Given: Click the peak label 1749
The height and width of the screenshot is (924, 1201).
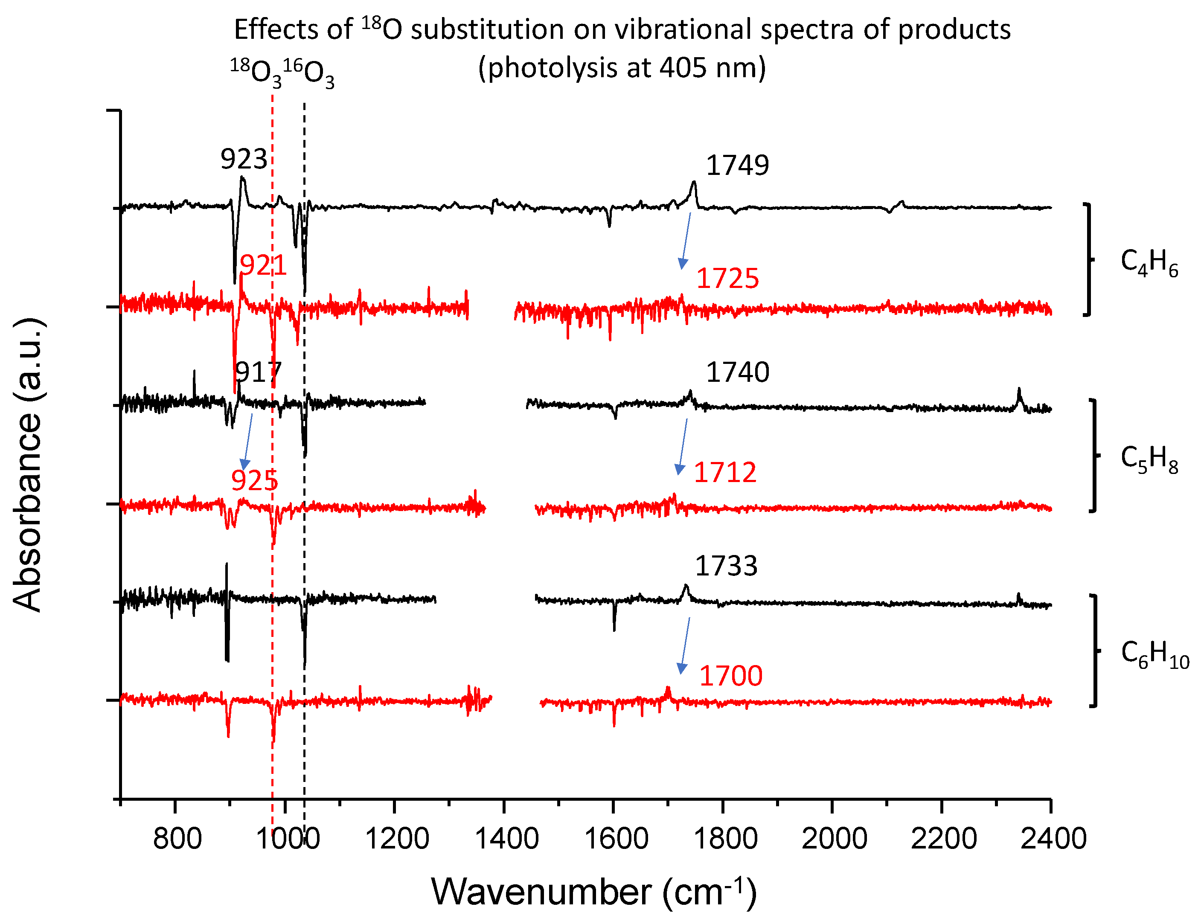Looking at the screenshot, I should (x=737, y=165).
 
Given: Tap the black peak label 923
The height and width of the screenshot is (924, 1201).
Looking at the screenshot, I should (x=244, y=160).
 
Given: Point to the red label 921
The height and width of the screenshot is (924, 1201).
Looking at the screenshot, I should (x=263, y=266).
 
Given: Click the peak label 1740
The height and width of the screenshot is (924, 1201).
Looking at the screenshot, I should (x=737, y=372).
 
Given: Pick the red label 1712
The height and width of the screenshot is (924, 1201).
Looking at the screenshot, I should (x=725, y=472).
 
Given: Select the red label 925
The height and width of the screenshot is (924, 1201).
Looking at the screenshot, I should (x=254, y=481).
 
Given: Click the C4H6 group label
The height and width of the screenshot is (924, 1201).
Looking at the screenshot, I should (x=1149, y=262).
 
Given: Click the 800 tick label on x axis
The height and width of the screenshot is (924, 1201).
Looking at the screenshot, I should (x=177, y=839).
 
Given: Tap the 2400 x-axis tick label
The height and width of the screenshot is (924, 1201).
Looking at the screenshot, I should (x=1053, y=839).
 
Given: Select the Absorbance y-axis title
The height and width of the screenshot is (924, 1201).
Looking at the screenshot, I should (x=27, y=465).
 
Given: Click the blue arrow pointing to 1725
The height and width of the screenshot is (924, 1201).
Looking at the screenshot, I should (x=686, y=240).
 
